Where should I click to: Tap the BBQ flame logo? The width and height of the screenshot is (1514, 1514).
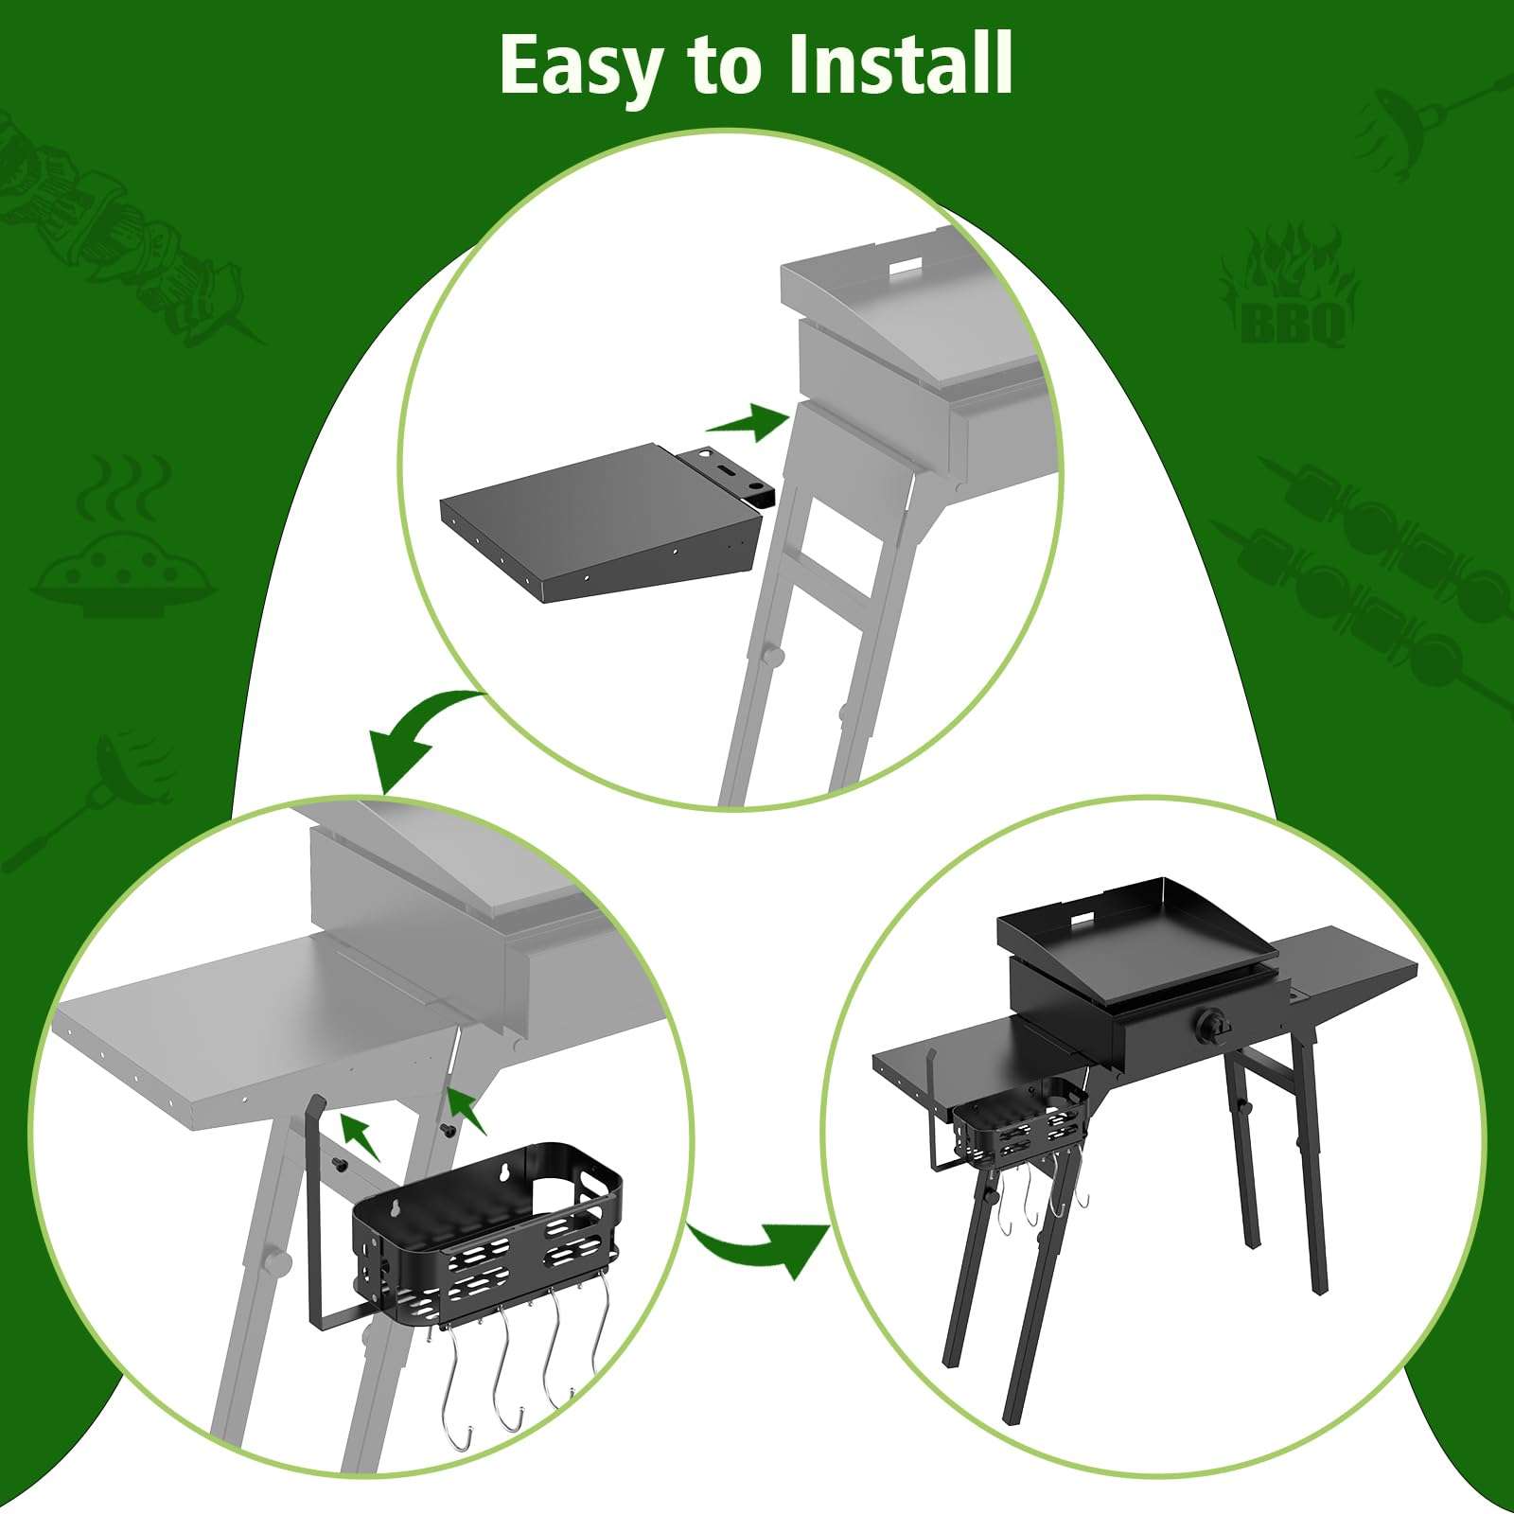(x=1291, y=286)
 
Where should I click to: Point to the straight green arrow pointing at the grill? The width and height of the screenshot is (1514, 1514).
(x=748, y=421)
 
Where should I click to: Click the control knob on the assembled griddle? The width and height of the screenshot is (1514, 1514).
(x=1212, y=1026)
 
